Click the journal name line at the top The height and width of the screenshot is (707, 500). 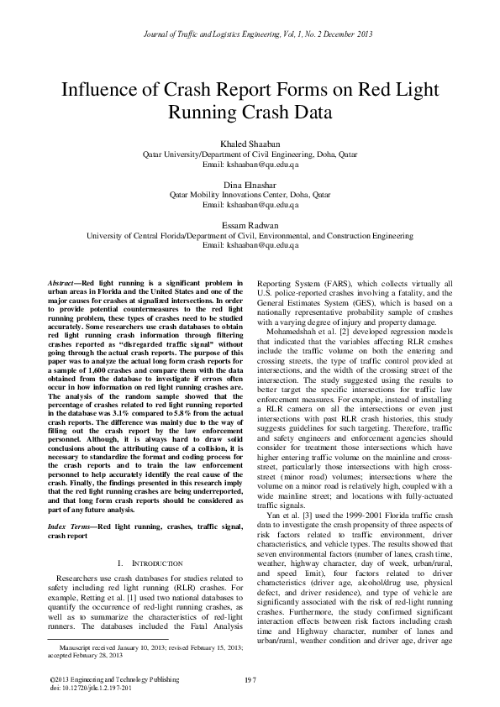click(x=250, y=33)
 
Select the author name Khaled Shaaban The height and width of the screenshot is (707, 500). click(x=250, y=144)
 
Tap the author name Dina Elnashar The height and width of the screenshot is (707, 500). click(x=250, y=183)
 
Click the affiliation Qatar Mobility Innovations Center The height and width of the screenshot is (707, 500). click(x=250, y=193)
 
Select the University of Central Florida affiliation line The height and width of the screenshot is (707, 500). click(x=250, y=237)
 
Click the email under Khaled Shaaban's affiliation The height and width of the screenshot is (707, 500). click(x=250, y=165)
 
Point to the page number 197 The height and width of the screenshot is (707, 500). click(x=250, y=677)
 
